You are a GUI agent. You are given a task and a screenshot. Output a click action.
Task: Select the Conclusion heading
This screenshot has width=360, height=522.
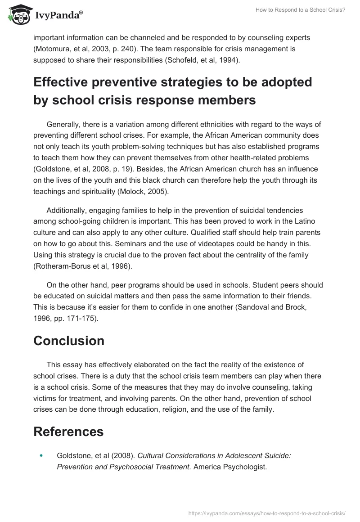pyautogui.click(x=69, y=341)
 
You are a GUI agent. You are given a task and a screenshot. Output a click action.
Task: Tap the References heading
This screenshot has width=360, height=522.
pyautogui.click(x=68, y=432)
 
